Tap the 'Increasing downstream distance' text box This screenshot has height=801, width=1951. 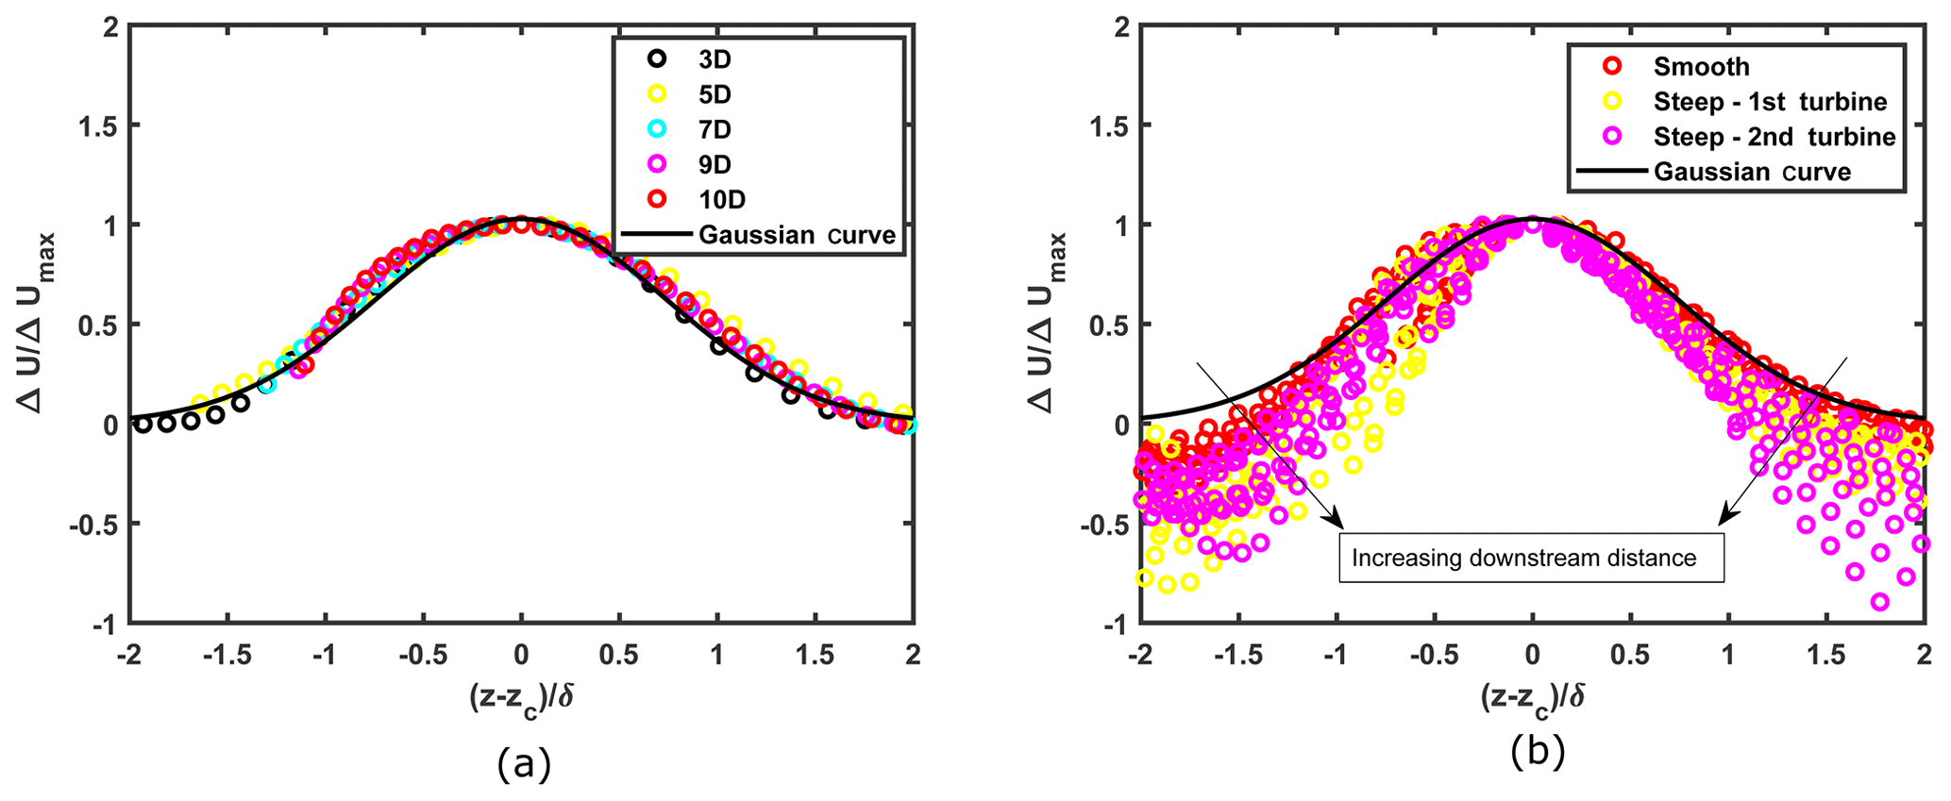(x=1532, y=558)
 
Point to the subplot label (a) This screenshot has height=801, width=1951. (x=523, y=763)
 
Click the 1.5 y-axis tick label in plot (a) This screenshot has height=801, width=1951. (x=98, y=125)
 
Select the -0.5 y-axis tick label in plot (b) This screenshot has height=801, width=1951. (x=1102, y=525)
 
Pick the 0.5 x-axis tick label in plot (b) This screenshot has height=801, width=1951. (x=1630, y=655)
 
